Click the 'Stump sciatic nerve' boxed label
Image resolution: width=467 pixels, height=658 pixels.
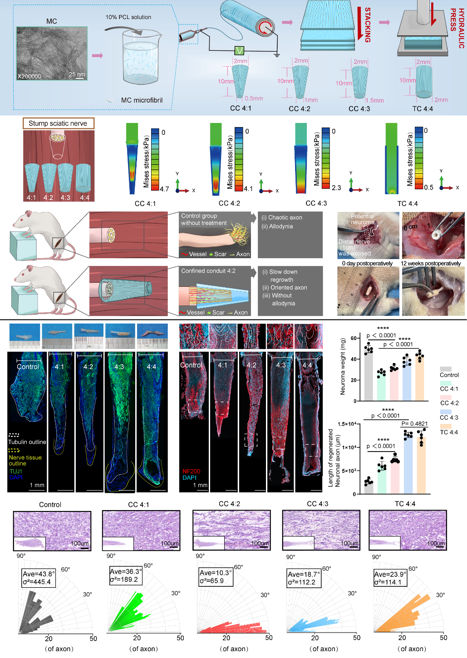coord(58,123)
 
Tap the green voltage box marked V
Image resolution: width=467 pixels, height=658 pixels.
coord(240,51)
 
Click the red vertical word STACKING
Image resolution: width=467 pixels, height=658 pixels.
coord(368,25)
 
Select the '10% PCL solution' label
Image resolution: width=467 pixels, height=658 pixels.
coord(128,17)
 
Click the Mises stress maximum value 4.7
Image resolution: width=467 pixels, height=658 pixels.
coord(164,189)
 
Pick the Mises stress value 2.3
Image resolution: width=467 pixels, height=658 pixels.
coord(336,187)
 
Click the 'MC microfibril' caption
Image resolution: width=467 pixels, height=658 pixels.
coord(142,100)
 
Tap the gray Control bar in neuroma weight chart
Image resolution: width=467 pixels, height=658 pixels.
coord(368,377)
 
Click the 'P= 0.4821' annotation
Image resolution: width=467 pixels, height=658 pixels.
coord(414,424)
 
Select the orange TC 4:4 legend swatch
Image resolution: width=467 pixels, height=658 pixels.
coord(446,426)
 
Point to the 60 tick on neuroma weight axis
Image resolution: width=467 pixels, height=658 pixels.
coord(354,339)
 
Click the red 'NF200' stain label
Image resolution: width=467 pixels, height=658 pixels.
coord(191,471)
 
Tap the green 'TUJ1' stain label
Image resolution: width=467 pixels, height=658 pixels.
coord(16,471)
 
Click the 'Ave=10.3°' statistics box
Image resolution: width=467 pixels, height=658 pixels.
coord(216,576)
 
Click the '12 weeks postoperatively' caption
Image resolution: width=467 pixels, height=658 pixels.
coord(431,263)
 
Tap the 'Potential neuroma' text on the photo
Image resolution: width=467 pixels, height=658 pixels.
coord(363,219)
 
